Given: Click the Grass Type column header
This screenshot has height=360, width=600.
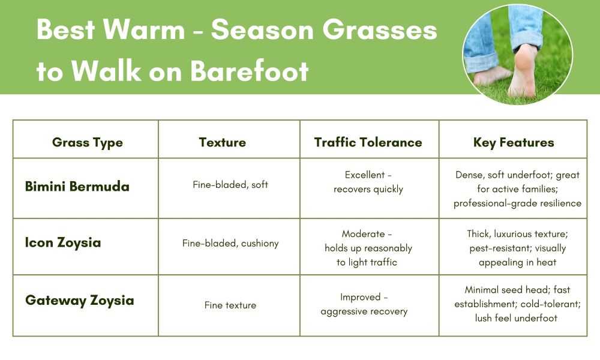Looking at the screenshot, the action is coord(87,143).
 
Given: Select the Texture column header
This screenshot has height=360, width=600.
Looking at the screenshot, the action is coord(223,142).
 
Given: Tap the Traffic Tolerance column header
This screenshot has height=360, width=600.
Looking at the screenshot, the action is coord(368,142).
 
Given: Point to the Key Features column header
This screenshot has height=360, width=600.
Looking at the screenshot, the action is coord(514,143).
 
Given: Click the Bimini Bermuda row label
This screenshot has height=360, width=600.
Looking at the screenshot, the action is coord(77,187).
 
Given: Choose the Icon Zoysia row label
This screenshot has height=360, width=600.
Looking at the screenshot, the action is coord(63,242).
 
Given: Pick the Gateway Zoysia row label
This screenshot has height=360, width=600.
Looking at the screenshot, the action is coord(80,301).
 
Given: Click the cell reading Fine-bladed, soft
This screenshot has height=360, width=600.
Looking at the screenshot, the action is coord(230,185).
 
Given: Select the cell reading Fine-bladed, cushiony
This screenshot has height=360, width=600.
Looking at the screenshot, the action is coord(230,244).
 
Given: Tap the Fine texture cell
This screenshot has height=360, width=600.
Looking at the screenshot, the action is coord(230,305).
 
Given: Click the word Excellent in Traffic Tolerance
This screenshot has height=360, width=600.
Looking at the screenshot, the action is coord(365,175).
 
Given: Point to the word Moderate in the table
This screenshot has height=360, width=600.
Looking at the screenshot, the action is coord(363,234).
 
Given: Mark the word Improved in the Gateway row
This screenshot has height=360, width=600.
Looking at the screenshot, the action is coord(361,297).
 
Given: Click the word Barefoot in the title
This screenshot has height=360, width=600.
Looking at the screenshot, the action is coord(250,71).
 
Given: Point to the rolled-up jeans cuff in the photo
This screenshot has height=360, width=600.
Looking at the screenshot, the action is coord(477,62).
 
